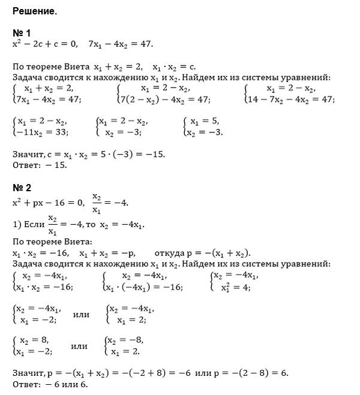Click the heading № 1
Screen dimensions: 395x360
coord(22,34)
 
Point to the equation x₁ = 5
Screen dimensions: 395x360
coord(206,121)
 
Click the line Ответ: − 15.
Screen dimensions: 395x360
coord(40,165)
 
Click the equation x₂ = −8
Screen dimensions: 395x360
coord(127,340)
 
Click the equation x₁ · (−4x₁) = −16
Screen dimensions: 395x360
coord(145,288)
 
